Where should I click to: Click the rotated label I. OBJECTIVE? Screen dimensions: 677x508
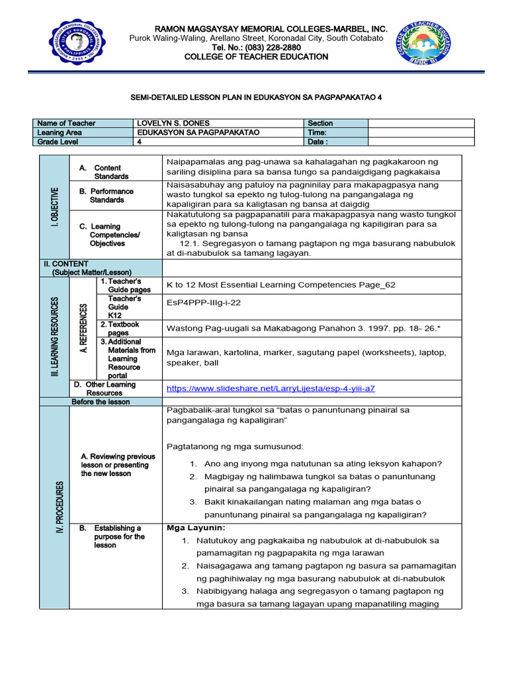click(54, 207)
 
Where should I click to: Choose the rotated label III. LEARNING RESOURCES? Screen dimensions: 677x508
click(54, 337)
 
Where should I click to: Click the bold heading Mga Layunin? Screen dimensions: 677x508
click(196, 528)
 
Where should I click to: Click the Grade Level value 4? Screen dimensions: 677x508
click(140, 141)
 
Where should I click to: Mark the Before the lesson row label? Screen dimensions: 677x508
click(101, 401)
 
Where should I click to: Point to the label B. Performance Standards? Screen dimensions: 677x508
click(111, 195)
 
